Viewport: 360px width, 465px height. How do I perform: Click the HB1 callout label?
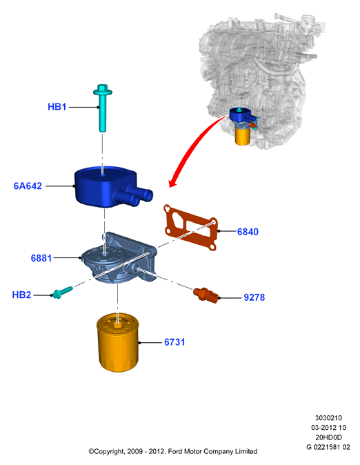click(57, 107)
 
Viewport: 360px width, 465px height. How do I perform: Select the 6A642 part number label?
click(28, 186)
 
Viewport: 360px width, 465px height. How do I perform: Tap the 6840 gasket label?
click(248, 232)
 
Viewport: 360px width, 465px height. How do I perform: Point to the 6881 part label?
click(41, 258)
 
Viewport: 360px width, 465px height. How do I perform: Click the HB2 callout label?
click(21, 295)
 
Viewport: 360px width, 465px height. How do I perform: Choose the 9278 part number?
click(254, 297)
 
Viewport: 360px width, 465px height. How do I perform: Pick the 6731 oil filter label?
click(174, 342)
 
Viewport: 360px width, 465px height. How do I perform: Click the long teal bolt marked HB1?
click(102, 108)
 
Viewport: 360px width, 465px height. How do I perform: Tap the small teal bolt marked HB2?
click(62, 292)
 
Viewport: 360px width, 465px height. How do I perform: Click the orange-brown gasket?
click(190, 227)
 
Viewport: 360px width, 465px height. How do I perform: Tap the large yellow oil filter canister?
click(118, 342)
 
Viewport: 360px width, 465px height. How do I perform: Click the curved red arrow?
click(192, 148)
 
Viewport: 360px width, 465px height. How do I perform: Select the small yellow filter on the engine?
click(243, 137)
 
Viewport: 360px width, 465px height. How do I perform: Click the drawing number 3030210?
click(328, 418)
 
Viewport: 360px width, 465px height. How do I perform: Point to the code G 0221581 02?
click(328, 447)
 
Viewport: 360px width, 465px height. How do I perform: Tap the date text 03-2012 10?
click(328, 428)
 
